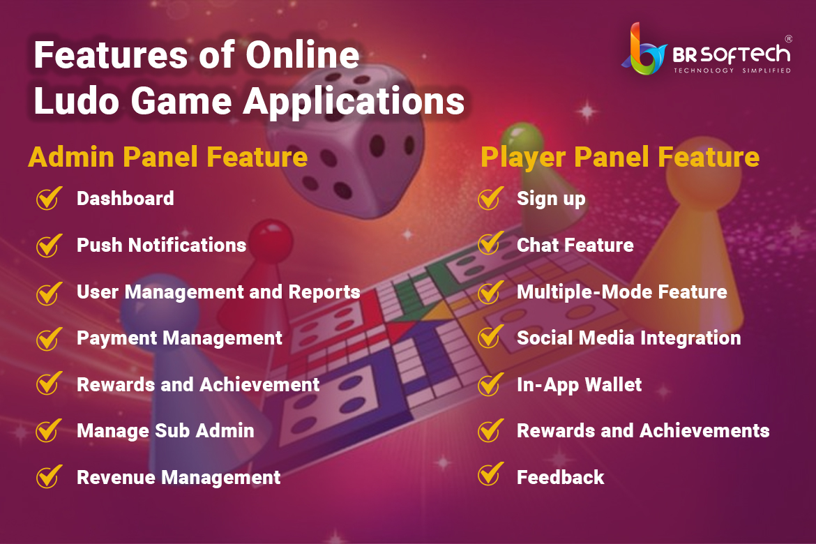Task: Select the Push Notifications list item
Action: click(x=161, y=245)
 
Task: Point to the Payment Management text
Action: click(x=179, y=338)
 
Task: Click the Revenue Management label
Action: click(x=179, y=478)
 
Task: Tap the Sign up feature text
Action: click(x=551, y=199)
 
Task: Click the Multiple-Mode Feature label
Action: click(x=622, y=292)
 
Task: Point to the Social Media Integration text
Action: click(x=628, y=338)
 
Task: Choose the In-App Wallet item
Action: click(x=579, y=385)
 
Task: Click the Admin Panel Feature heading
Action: click(x=167, y=157)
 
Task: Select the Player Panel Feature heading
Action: click(x=620, y=157)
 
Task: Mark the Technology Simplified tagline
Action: click(x=732, y=70)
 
